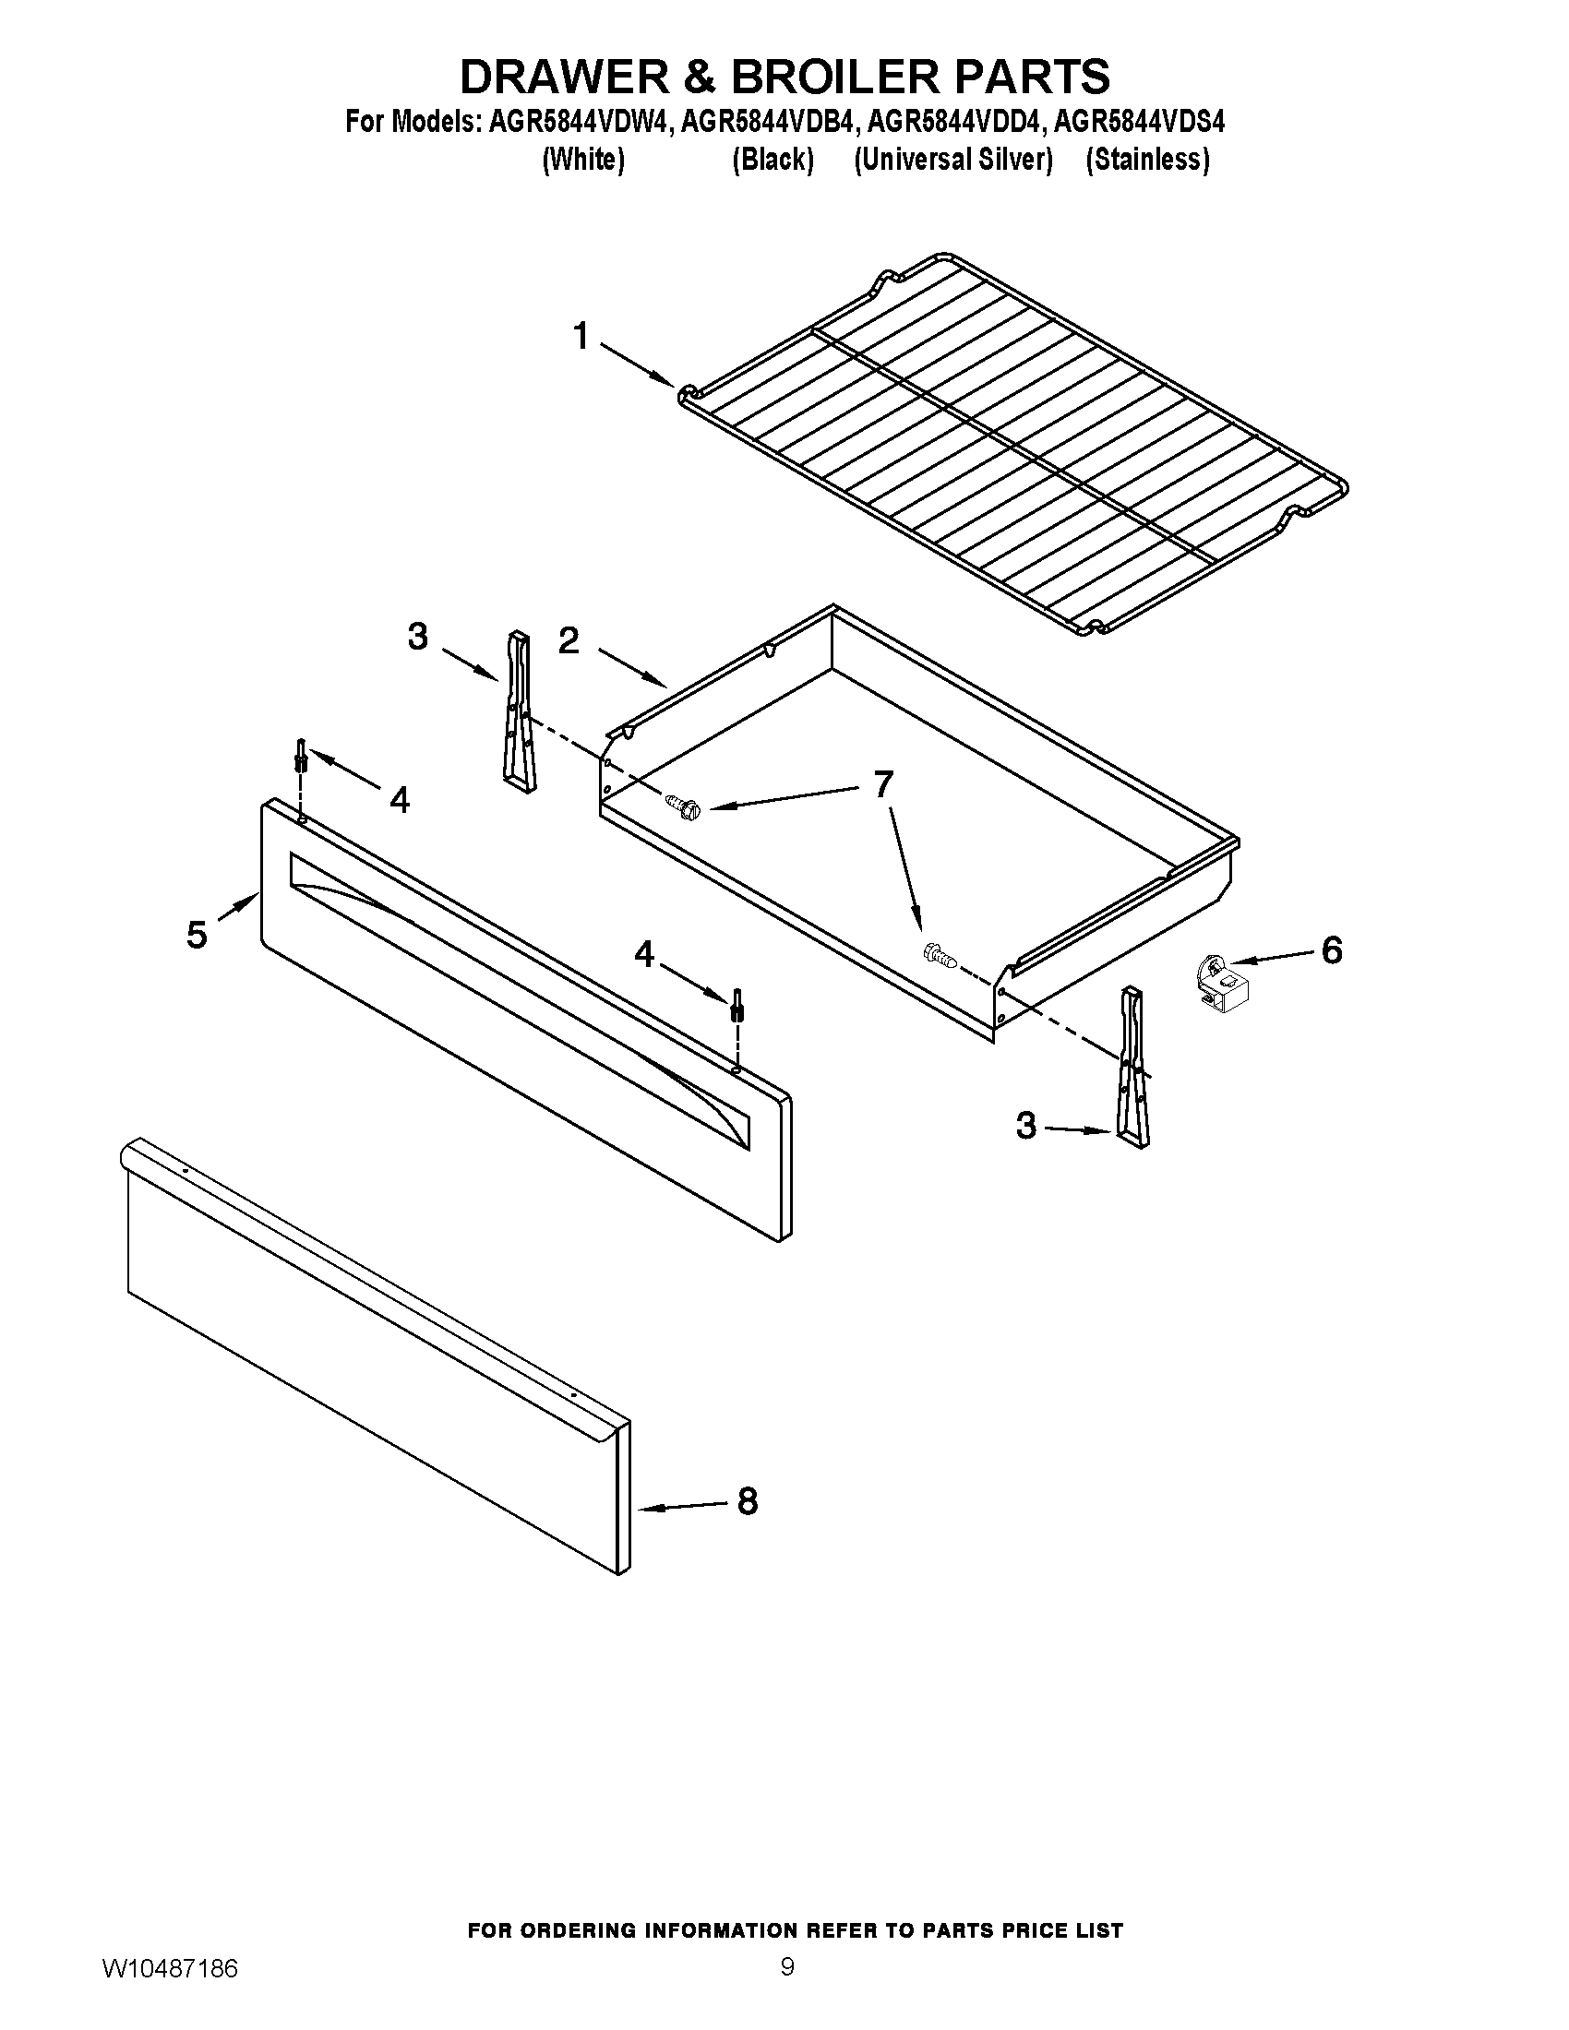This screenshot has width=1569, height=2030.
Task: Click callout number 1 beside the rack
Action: pos(581,337)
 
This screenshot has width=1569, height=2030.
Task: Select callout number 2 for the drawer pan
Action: pos(569,640)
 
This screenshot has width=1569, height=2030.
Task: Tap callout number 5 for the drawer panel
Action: pos(196,934)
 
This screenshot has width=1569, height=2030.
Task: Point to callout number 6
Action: pos(1331,949)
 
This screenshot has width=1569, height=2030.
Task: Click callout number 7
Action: pos(882,784)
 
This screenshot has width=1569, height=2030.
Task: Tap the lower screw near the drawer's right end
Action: pos(940,956)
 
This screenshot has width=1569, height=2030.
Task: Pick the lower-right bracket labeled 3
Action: pos(1134,1069)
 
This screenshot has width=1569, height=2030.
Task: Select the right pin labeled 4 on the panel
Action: pos(738,1005)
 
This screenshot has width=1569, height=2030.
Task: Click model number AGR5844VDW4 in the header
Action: pos(577,122)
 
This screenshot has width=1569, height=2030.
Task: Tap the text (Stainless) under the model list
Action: pos(1147,160)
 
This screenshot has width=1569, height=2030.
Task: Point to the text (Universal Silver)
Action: pos(952,160)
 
